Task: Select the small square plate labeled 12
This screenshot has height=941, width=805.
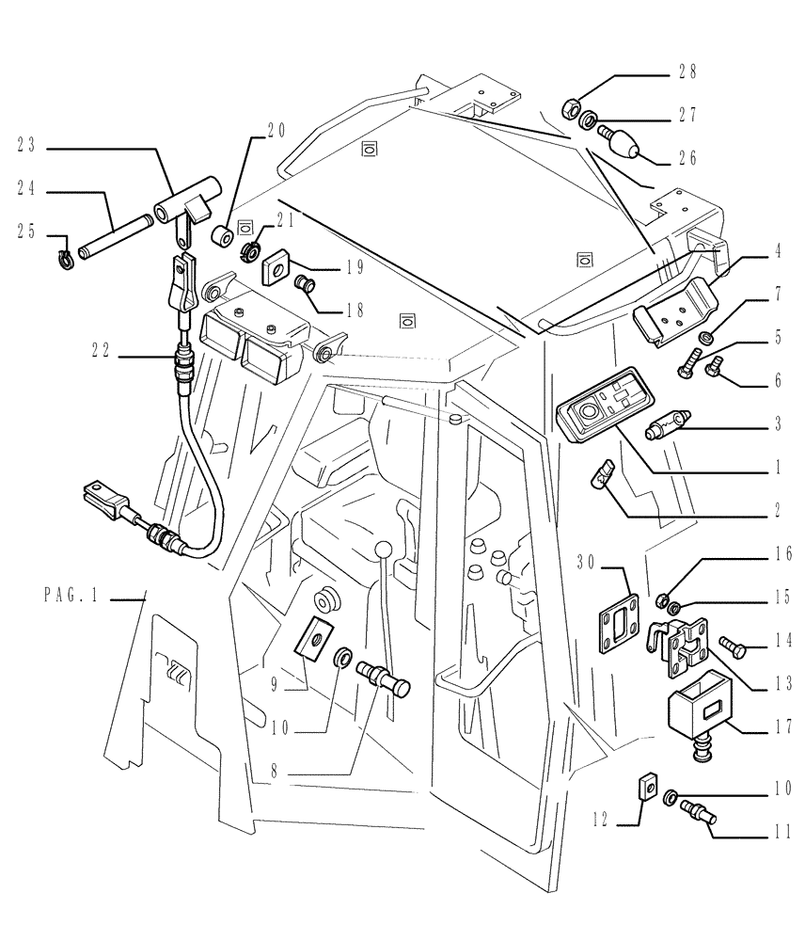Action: (x=647, y=785)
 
